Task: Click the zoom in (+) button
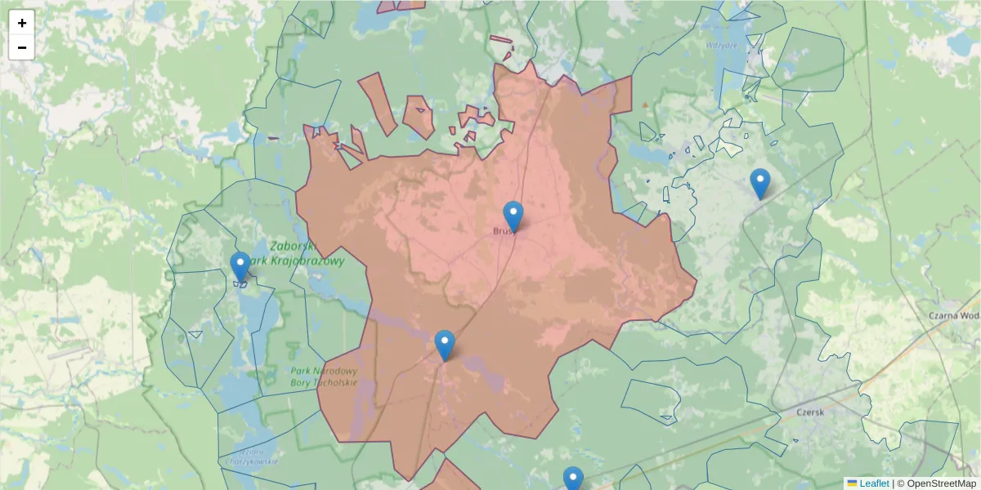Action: pos(22,23)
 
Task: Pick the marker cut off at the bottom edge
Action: pos(573,479)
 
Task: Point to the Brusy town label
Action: pos(502,231)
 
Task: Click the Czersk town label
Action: pos(811,412)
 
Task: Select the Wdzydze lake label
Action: pos(722,46)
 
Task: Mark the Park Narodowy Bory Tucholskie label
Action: pos(324,376)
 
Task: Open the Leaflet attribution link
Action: pos(874,483)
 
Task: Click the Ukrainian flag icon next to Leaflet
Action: pos(852,483)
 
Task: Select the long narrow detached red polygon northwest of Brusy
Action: pos(379,102)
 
